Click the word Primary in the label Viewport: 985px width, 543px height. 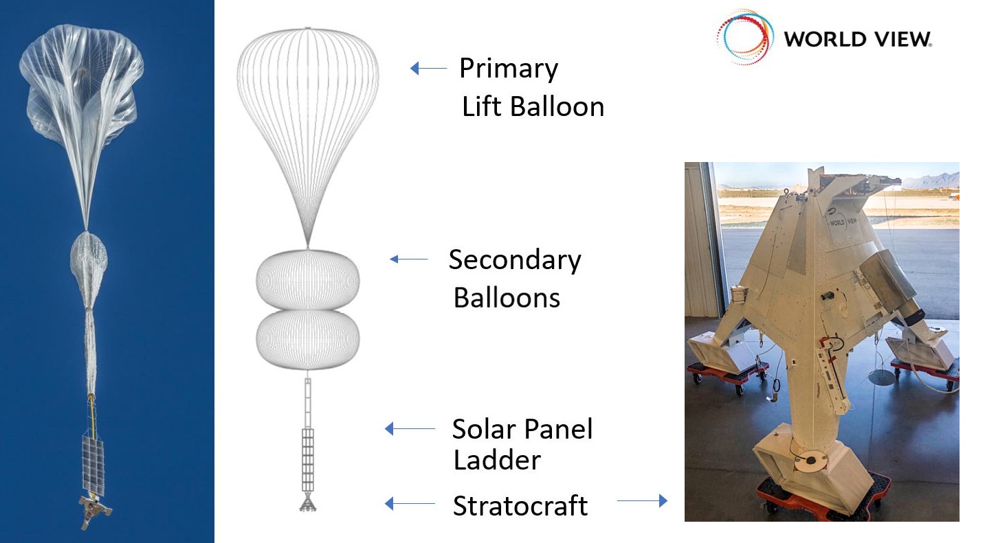tap(509, 69)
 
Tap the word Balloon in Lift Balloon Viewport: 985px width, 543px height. tap(557, 107)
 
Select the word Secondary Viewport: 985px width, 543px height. tap(515, 260)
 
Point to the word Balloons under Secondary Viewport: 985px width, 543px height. tap(507, 298)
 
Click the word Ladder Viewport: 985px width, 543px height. tap(497, 460)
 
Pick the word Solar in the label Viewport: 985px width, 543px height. tap(483, 429)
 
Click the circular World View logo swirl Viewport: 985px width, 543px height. tap(745, 37)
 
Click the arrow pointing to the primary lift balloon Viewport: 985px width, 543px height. tap(428, 68)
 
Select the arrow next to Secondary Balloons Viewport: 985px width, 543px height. tap(408, 259)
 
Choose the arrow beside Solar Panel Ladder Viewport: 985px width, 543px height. tap(410, 428)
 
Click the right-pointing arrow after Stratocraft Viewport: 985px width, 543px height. tap(643, 500)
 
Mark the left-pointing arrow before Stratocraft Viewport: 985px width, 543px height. tap(410, 503)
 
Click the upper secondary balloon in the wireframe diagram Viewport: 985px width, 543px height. tap(308, 280)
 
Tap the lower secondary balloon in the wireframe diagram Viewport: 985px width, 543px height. tap(308, 339)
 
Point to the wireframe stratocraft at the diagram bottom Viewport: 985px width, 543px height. tap(308, 503)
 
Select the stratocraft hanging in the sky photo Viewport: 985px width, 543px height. tap(95, 511)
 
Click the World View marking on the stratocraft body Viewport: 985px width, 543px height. tap(843, 222)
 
